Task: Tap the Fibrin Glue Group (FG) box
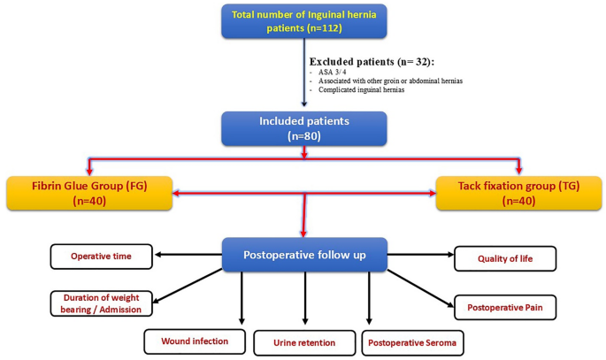[x=88, y=194]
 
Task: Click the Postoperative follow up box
[x=303, y=256]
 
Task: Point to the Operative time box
[x=100, y=257]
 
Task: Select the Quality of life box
[x=505, y=258]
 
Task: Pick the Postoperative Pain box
[x=505, y=307]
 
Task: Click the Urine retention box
[x=304, y=341]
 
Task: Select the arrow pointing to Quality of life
[x=420, y=257]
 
